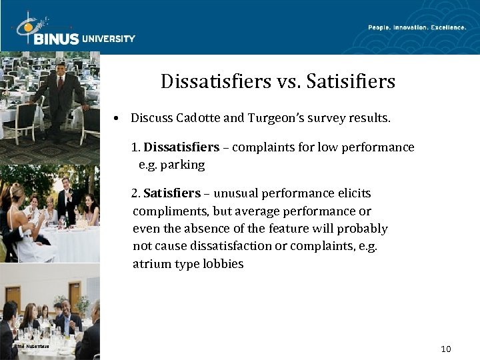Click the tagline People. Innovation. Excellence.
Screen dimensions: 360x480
pyautogui.click(x=417, y=27)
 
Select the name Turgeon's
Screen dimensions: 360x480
pyautogui.click(x=281, y=118)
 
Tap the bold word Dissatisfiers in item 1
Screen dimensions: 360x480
pyautogui.click(x=181, y=147)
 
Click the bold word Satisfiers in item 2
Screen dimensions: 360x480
pyautogui.click(x=172, y=193)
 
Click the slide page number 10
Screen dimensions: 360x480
pyautogui.click(x=446, y=349)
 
